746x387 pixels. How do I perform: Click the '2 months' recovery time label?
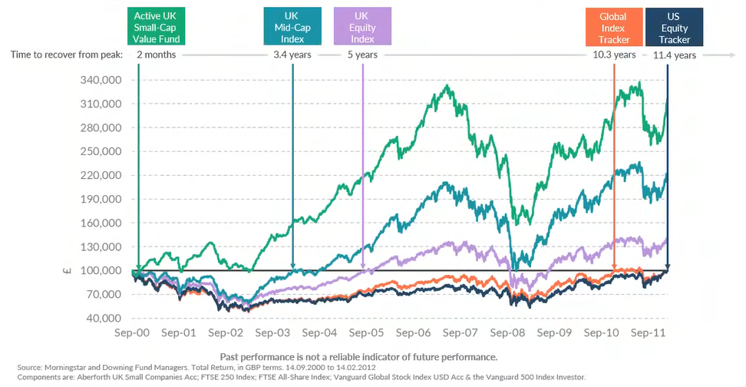pyautogui.click(x=156, y=55)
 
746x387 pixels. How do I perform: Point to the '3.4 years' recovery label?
pyautogui.click(x=292, y=55)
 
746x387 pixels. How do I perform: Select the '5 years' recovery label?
pyautogui.click(x=362, y=55)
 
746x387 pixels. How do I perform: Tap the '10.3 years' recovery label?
pyautogui.click(x=614, y=55)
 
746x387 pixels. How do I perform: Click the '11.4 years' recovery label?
pyautogui.click(x=675, y=55)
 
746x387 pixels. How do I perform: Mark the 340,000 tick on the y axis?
pyautogui.click(x=101, y=80)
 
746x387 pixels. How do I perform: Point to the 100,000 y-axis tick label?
pyautogui.click(x=101, y=270)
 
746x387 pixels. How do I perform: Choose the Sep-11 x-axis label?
pyautogui.click(x=649, y=334)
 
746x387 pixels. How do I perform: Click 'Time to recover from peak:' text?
pyautogui.click(x=67, y=55)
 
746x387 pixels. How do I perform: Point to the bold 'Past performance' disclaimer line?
pyautogui.click(x=358, y=356)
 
